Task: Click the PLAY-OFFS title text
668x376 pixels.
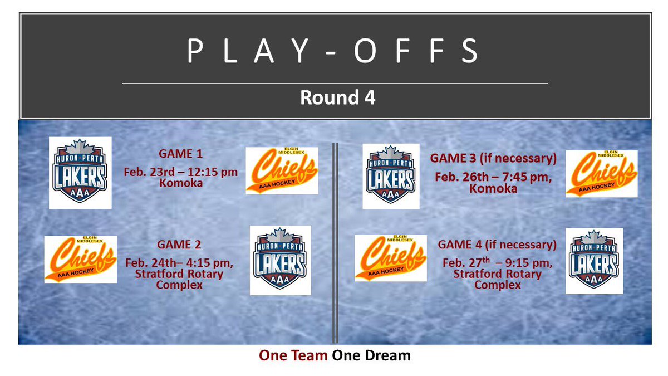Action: coord(334,51)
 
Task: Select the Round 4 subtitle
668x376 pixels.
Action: coord(337,97)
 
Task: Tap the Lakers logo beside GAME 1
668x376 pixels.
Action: coord(80,173)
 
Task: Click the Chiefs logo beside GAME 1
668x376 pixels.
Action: coord(282,170)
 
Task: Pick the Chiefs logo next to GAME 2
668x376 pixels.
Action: coord(81,259)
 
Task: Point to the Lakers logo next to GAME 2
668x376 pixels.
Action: coord(279,260)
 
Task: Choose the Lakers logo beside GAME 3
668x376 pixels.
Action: coord(391,176)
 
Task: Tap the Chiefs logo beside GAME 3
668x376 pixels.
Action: coord(601,173)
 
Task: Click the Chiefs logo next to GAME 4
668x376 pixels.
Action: coord(391,258)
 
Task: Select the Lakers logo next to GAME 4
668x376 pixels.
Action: coord(594,261)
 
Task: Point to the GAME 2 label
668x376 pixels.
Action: coord(179,244)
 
